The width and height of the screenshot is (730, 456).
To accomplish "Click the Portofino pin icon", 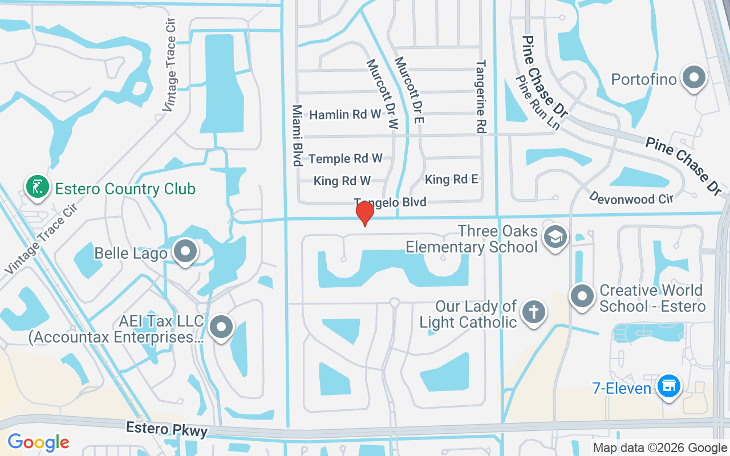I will [x=694, y=78].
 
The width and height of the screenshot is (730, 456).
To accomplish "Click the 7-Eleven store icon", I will [x=668, y=386].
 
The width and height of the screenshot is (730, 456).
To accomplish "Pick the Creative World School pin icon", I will [x=582, y=296].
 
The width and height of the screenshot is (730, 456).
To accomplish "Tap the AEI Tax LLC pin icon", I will [x=221, y=327].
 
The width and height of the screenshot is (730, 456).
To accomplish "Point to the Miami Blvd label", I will [x=297, y=135].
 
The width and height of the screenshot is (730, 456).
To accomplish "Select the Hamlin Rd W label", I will [x=345, y=115].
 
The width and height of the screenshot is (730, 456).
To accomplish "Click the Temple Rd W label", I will [x=346, y=158].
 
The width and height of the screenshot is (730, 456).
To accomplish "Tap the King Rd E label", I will [x=452, y=180].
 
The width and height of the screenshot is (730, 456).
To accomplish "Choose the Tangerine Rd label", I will [x=481, y=97].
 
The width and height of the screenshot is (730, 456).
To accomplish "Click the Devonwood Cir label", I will [x=631, y=198].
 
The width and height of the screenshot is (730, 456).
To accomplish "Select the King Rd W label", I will [x=342, y=181].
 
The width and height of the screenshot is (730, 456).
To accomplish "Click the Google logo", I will [x=38, y=442].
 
